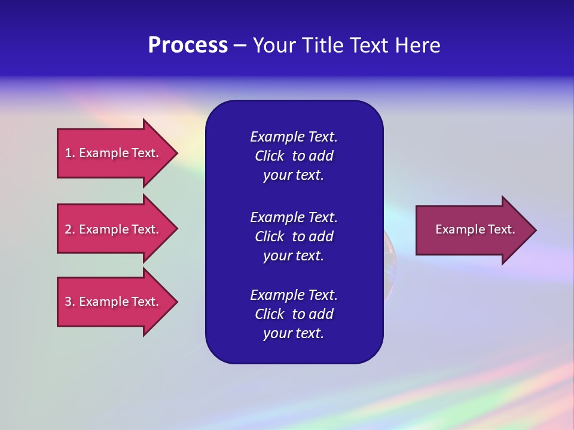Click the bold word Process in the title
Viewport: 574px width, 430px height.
[x=188, y=45]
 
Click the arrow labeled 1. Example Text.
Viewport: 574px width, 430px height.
[x=112, y=153]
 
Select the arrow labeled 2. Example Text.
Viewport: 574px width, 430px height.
[x=112, y=229]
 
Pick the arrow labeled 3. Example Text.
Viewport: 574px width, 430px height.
[x=112, y=302]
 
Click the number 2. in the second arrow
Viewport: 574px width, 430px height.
[x=70, y=229]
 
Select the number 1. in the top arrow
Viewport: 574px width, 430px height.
[x=70, y=153]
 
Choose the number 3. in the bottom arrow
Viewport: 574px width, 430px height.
[x=70, y=302]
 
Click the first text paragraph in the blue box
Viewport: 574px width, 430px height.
[x=294, y=156]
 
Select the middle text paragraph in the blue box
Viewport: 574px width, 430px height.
[x=294, y=236]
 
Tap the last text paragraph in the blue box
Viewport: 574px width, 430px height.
[x=294, y=314]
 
